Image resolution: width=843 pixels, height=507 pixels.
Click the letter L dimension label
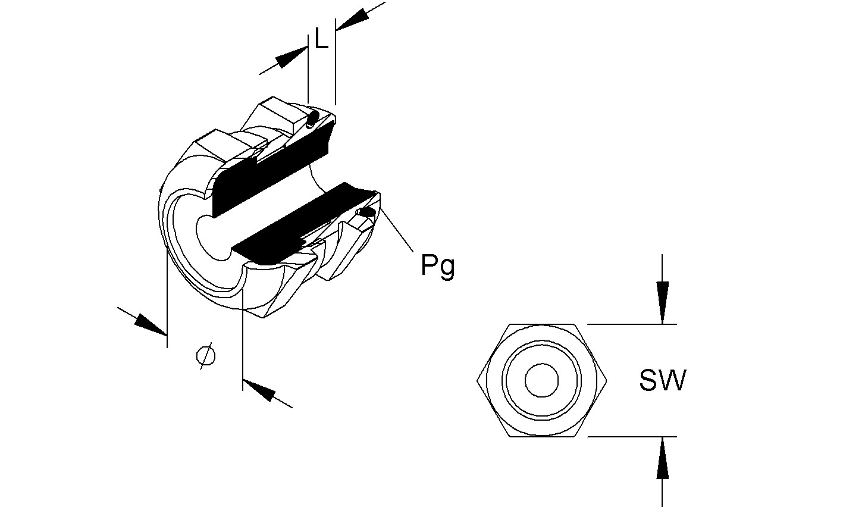tap(321, 40)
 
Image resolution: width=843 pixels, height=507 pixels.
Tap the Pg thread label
tap(438, 265)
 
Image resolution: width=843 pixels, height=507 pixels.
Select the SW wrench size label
tap(662, 380)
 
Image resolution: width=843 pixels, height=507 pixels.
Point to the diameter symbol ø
tap(205, 356)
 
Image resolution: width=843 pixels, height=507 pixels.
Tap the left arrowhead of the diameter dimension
tap(151, 325)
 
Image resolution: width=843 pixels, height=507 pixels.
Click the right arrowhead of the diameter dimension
tap(259, 390)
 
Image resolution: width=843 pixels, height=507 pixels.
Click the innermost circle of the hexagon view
tap(541, 380)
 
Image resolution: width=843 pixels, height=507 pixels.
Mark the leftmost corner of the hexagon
tap(478, 380)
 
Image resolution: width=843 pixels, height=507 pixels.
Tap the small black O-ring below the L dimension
tap(314, 117)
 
